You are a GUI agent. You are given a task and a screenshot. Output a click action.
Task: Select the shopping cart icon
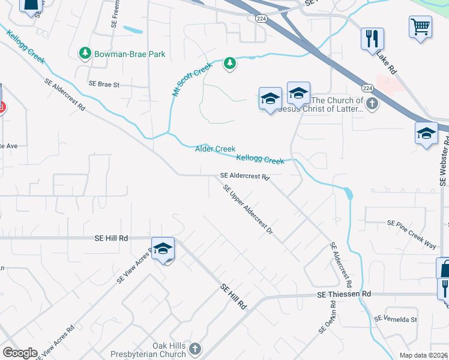(420, 26)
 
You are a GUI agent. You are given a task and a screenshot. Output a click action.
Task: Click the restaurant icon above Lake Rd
(372, 39)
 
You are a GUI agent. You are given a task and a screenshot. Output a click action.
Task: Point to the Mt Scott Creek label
(192, 80)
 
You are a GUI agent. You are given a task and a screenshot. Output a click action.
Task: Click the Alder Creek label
(215, 149)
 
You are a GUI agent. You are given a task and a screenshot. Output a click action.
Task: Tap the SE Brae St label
(104, 85)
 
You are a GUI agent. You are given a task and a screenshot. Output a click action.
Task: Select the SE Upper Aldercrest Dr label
(248, 212)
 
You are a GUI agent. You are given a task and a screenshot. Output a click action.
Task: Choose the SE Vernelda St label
(395, 320)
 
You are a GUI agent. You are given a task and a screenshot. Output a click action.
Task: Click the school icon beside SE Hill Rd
(163, 249)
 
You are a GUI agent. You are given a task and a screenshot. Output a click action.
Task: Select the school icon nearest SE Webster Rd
(426, 133)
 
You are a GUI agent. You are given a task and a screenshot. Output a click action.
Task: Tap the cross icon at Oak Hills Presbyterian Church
(194, 349)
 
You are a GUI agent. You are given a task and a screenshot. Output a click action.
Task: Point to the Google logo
(19, 353)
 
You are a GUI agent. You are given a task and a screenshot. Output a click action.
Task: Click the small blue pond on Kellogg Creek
(348, 193)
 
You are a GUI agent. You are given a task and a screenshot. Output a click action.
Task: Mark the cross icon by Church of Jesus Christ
(372, 104)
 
